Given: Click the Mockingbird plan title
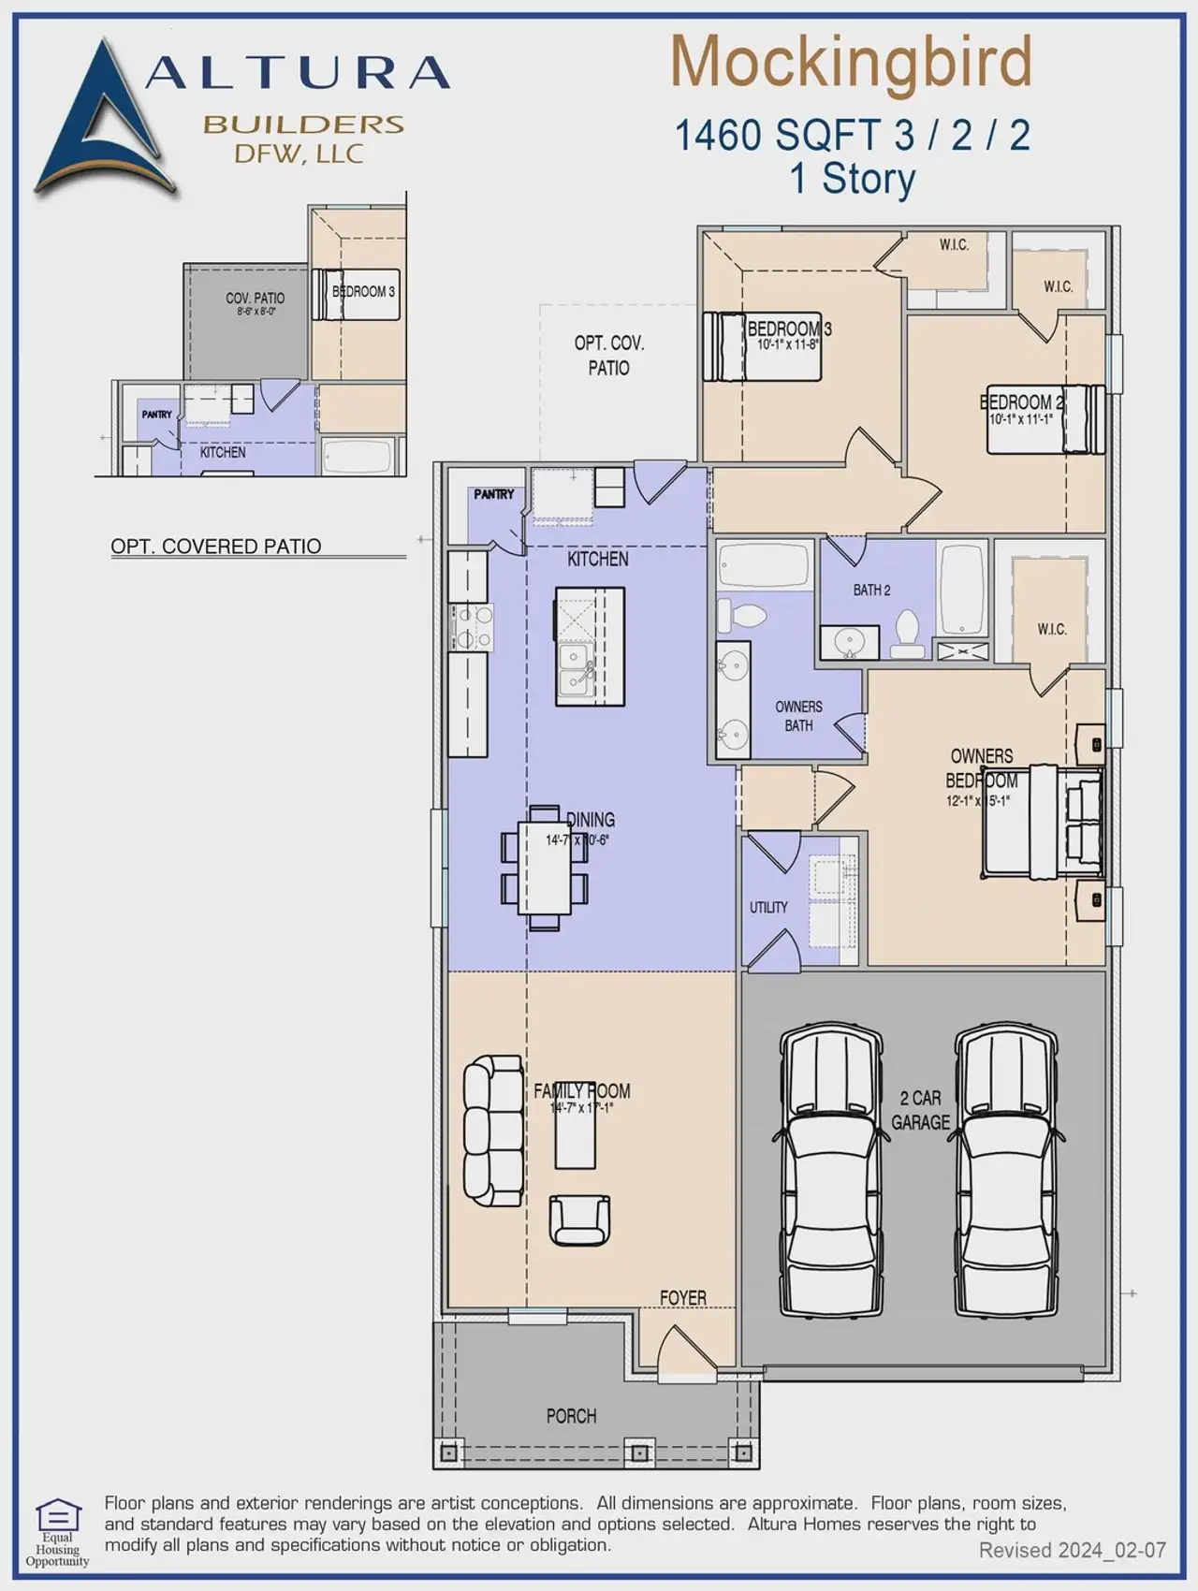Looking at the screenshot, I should pyautogui.click(x=851, y=63).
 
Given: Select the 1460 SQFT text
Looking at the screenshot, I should pyautogui.click(x=779, y=135).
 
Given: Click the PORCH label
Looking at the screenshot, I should pyautogui.click(x=571, y=1416).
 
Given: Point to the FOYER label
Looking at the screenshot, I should pyautogui.click(x=682, y=1297).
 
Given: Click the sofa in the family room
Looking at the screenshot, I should pyautogui.click(x=493, y=1131).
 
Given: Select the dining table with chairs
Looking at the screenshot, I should pyautogui.click(x=545, y=868).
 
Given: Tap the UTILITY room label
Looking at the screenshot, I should pyautogui.click(x=768, y=907).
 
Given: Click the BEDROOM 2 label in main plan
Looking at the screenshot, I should pyautogui.click(x=1021, y=402).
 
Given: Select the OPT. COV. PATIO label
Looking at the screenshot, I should pyautogui.click(x=608, y=356).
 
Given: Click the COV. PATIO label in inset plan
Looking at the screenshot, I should pyautogui.click(x=255, y=299).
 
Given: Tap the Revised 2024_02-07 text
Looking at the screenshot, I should pyautogui.click(x=1072, y=1551).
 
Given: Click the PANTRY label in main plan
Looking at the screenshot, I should pyautogui.click(x=493, y=494).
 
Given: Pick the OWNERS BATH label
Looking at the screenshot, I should pyautogui.click(x=798, y=716).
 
